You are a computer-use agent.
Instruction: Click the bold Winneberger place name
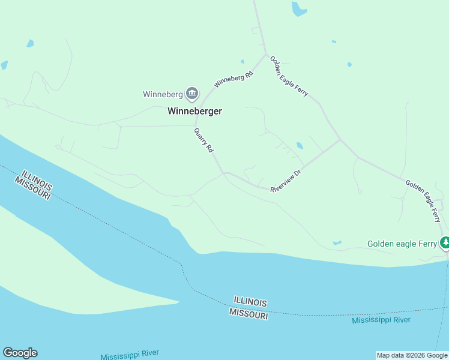click(194, 111)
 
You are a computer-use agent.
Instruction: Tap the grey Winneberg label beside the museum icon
click(162, 94)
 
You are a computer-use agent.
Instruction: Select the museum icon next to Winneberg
click(192, 93)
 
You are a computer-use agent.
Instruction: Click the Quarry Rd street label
click(203, 140)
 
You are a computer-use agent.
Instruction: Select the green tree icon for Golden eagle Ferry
click(445, 243)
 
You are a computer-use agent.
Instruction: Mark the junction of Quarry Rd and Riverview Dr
click(224, 173)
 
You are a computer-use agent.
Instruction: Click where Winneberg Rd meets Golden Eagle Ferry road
click(265, 55)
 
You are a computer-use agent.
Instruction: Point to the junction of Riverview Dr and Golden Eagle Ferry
click(340, 140)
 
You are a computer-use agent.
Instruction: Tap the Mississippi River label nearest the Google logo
click(130, 353)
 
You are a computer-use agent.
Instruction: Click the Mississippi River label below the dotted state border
click(381, 320)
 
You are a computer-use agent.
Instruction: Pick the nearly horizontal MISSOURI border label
click(248, 314)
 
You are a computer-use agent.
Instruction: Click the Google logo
click(20, 353)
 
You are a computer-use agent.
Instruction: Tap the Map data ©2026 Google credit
click(412, 355)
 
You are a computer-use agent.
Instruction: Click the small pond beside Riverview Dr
click(300, 146)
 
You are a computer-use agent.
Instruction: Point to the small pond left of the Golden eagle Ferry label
click(337, 243)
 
